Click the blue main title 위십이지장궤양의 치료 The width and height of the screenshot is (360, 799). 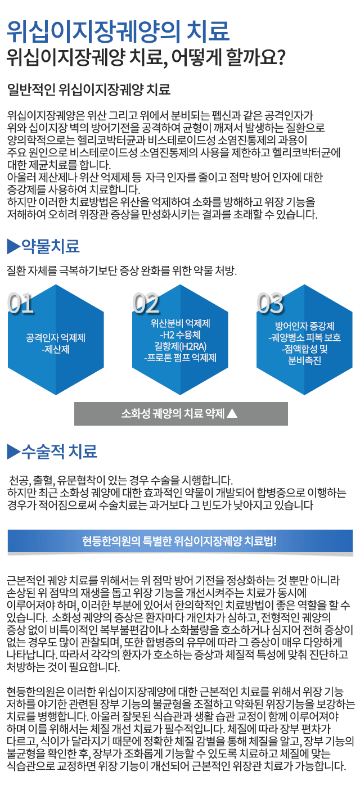pos(118,31)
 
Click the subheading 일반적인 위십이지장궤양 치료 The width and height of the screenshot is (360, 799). pos(89,89)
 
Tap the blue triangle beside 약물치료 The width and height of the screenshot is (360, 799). pos(13,246)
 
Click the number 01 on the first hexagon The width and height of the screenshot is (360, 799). pos(21,303)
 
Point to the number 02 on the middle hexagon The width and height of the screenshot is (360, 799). pos(146,303)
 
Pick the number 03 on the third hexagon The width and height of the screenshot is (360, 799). pos(270,303)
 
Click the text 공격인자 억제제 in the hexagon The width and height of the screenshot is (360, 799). pos(56,337)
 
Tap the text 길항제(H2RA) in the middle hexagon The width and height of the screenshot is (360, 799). pos(180,346)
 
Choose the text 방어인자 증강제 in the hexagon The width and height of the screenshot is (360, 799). pos(305,326)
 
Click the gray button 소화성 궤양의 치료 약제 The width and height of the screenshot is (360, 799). pos(181,413)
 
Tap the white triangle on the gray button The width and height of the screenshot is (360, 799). pos(232,413)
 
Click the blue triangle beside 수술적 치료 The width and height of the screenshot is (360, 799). pos(13,452)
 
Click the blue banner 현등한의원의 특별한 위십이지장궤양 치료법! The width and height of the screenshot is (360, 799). pos(180,541)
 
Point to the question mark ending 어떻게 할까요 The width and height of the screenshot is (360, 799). pos(281,57)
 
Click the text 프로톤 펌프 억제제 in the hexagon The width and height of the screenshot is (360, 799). pos(180,358)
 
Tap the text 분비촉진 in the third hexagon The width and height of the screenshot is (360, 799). pos(305,360)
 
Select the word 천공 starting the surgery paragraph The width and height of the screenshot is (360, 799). pos(19,480)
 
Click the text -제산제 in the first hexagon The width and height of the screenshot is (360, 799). pos(56,349)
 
